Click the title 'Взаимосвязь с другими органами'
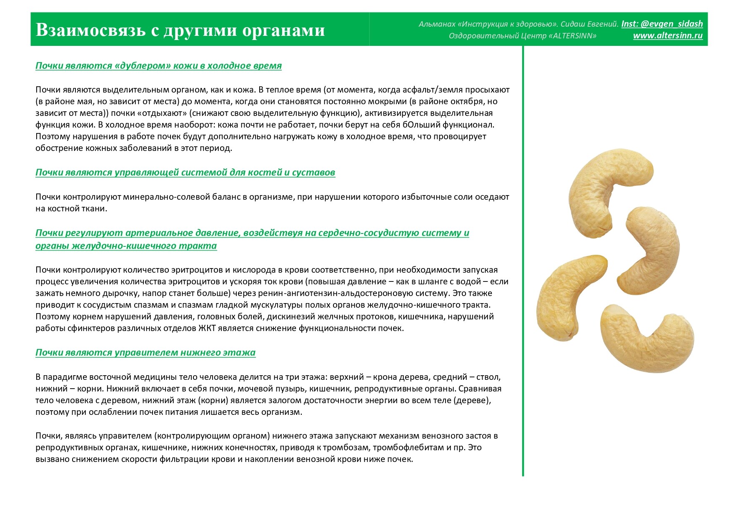click(x=180, y=30)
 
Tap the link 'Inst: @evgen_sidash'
click(x=662, y=24)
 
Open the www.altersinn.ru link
click(x=668, y=36)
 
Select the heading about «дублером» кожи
click(x=158, y=66)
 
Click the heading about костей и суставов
click(x=185, y=173)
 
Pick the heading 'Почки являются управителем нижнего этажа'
click(x=145, y=353)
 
